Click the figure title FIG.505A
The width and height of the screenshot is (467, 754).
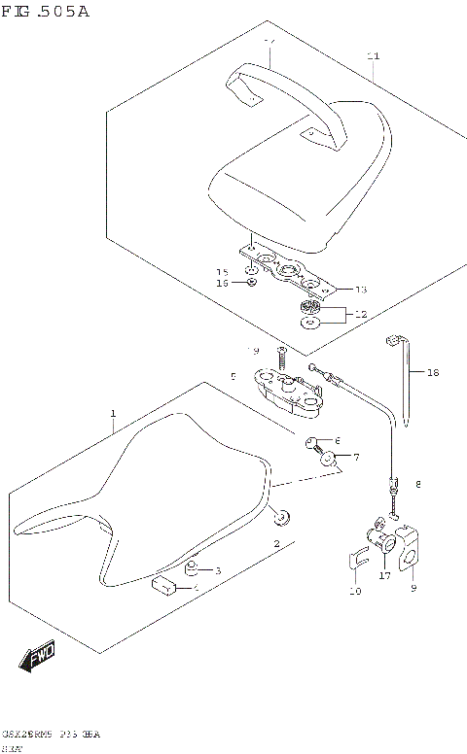tap(46, 12)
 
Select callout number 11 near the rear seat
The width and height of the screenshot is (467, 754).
tap(373, 56)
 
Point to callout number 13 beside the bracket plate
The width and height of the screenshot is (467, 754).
tap(361, 290)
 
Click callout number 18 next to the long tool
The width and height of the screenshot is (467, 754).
tap(433, 372)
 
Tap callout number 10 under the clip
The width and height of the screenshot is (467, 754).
tap(355, 591)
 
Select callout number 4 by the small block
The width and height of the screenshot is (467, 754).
tap(196, 588)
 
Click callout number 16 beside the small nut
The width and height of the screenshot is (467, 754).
tap(222, 283)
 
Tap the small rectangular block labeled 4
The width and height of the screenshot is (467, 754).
tap(163, 585)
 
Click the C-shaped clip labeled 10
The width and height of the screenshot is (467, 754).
tap(355, 562)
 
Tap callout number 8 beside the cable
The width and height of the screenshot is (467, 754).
tap(418, 484)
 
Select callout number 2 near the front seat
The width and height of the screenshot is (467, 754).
tap(276, 542)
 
